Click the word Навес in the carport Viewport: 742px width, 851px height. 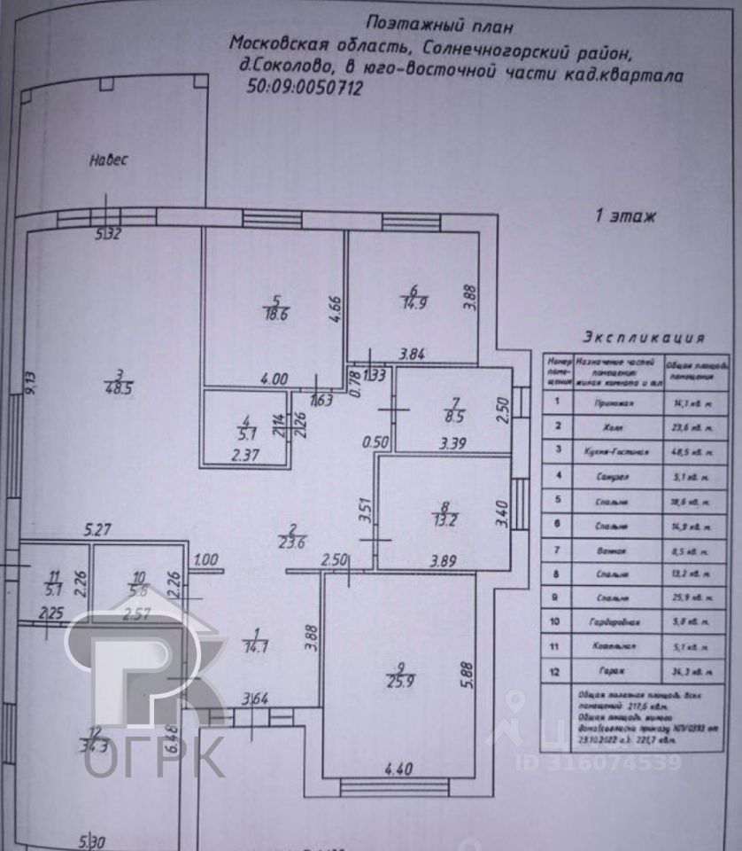tap(109, 160)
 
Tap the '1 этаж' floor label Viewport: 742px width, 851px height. tap(624, 215)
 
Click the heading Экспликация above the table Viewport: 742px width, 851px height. tap(644, 338)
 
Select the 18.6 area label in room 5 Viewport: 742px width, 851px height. tap(275, 313)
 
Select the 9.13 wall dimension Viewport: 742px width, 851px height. tap(29, 384)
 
